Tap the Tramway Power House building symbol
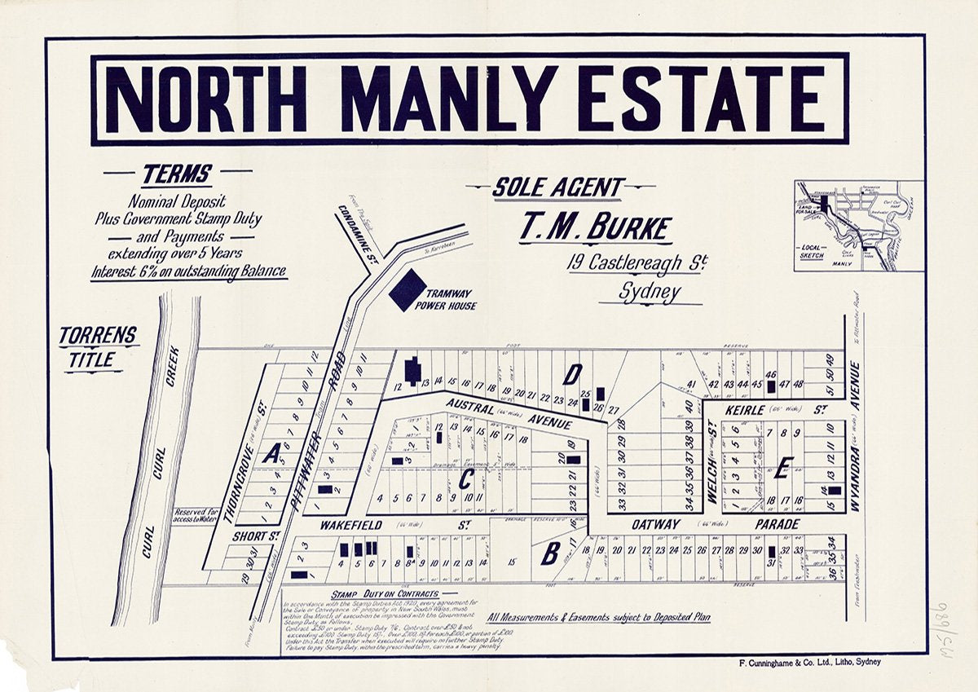pos(407,290)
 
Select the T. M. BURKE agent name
pos(596,229)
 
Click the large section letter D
pos(573,375)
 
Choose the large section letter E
pos(783,468)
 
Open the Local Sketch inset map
pos(858,226)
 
